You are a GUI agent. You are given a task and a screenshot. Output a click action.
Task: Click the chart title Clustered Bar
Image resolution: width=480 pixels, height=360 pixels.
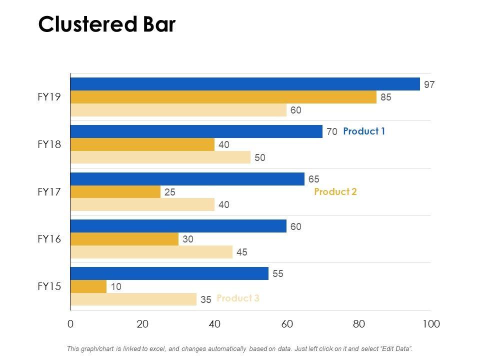tap(107, 24)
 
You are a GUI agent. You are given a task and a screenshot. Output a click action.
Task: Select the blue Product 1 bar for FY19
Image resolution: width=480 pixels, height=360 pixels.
tap(245, 84)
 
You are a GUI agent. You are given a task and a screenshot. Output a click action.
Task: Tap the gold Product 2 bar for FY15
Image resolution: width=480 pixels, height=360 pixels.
tap(88, 286)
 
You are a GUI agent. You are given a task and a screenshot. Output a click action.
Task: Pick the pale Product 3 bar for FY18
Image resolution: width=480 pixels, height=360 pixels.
tap(160, 157)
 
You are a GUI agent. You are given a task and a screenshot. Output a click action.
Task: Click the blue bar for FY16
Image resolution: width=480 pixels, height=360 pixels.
tap(178, 226)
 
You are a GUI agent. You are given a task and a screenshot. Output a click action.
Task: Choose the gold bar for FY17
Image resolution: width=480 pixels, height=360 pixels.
tap(115, 191)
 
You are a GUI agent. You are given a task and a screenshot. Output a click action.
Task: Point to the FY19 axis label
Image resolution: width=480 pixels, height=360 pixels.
tap(49, 97)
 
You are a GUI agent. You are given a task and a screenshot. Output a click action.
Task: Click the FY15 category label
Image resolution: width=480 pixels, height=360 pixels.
tap(49, 286)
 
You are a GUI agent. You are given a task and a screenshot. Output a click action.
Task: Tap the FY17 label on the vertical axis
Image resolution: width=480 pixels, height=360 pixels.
tap(49, 191)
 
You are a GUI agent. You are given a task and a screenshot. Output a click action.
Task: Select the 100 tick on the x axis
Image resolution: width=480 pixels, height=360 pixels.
tap(430, 324)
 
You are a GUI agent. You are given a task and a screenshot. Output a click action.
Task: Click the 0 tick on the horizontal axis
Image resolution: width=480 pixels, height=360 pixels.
tap(70, 324)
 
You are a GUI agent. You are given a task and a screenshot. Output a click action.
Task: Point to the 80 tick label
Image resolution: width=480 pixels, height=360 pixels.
tap(358, 324)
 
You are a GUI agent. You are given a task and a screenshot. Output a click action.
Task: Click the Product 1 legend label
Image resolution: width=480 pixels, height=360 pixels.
tap(364, 131)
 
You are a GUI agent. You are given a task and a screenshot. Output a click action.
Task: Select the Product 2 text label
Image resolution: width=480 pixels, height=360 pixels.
tap(335, 191)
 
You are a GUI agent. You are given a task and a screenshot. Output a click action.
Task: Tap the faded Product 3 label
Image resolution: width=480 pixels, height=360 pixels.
tap(237, 298)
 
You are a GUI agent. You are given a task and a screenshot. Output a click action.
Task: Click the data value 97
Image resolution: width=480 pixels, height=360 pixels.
tap(429, 85)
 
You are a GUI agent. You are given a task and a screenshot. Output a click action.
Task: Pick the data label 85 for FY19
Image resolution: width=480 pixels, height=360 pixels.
tap(385, 97)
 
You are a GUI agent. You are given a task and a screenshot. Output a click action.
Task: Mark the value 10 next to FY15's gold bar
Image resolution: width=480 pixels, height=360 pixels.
tap(115, 287)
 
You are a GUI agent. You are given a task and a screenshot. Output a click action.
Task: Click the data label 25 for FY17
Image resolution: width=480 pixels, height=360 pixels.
tap(169, 192)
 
